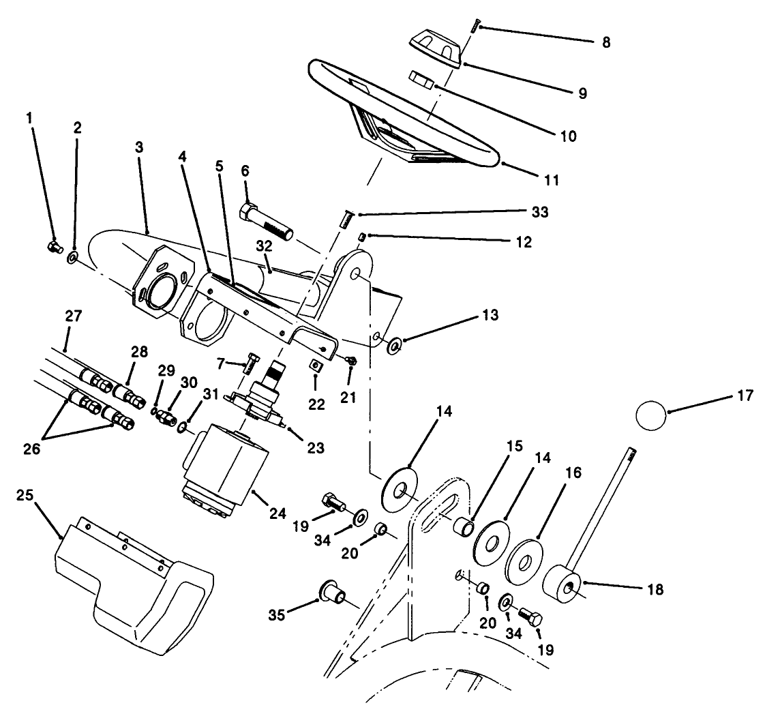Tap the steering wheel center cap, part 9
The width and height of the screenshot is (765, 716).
[x=435, y=49]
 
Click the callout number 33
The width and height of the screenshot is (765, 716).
[x=541, y=213]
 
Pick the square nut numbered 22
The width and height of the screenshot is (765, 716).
[x=316, y=366]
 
